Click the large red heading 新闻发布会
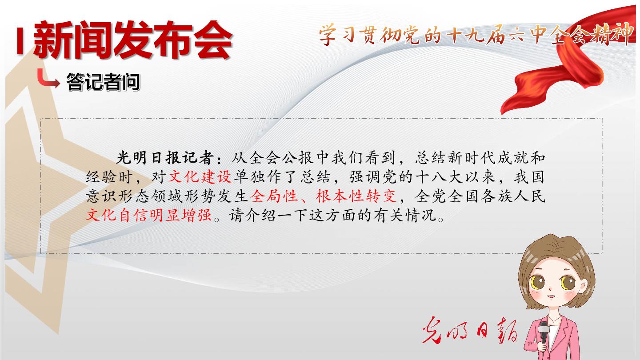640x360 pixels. click(133, 40)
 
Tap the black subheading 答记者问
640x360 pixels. click(103, 82)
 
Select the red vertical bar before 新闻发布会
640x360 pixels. click(20, 40)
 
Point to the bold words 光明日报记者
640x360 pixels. click(165, 158)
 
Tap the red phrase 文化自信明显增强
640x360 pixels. click(149, 215)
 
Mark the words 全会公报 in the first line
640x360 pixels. click(281, 158)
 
